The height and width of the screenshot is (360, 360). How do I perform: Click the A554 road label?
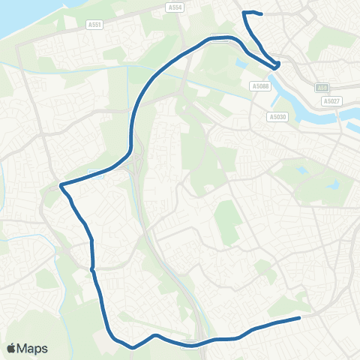click(175, 7)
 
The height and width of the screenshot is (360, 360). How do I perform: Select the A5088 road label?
click(260, 86)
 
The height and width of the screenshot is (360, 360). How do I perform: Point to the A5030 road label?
click(277, 116)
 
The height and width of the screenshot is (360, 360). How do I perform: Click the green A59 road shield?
click(321, 87)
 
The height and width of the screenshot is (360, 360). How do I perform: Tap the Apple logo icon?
click(11, 349)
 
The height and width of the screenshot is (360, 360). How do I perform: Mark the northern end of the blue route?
click(259, 13)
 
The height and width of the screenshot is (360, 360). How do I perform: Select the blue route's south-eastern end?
click(299, 317)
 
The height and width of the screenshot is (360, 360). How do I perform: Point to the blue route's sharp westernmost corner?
click(60, 184)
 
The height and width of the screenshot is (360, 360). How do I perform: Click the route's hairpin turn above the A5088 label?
click(277, 65)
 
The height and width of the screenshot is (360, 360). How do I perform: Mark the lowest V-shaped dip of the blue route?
click(133, 347)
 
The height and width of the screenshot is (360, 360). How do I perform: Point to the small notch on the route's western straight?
click(91, 268)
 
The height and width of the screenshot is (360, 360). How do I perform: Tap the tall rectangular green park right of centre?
click(226, 217)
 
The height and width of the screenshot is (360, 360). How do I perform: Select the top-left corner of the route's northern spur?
click(244, 12)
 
